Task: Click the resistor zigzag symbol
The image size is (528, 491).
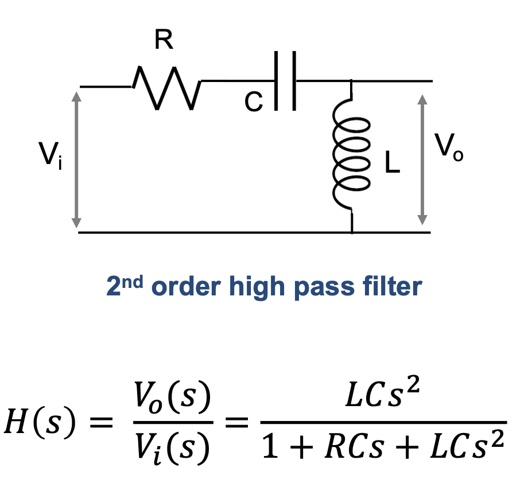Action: [166, 87]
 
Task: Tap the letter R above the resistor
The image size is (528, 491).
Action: [164, 41]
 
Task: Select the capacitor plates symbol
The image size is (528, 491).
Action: [285, 81]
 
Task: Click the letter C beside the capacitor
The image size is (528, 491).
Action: [253, 103]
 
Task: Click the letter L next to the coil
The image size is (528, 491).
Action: [393, 165]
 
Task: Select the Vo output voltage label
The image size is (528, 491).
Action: [448, 148]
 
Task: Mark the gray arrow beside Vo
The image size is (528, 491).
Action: [422, 159]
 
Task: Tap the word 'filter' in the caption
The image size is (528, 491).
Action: [389, 286]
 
